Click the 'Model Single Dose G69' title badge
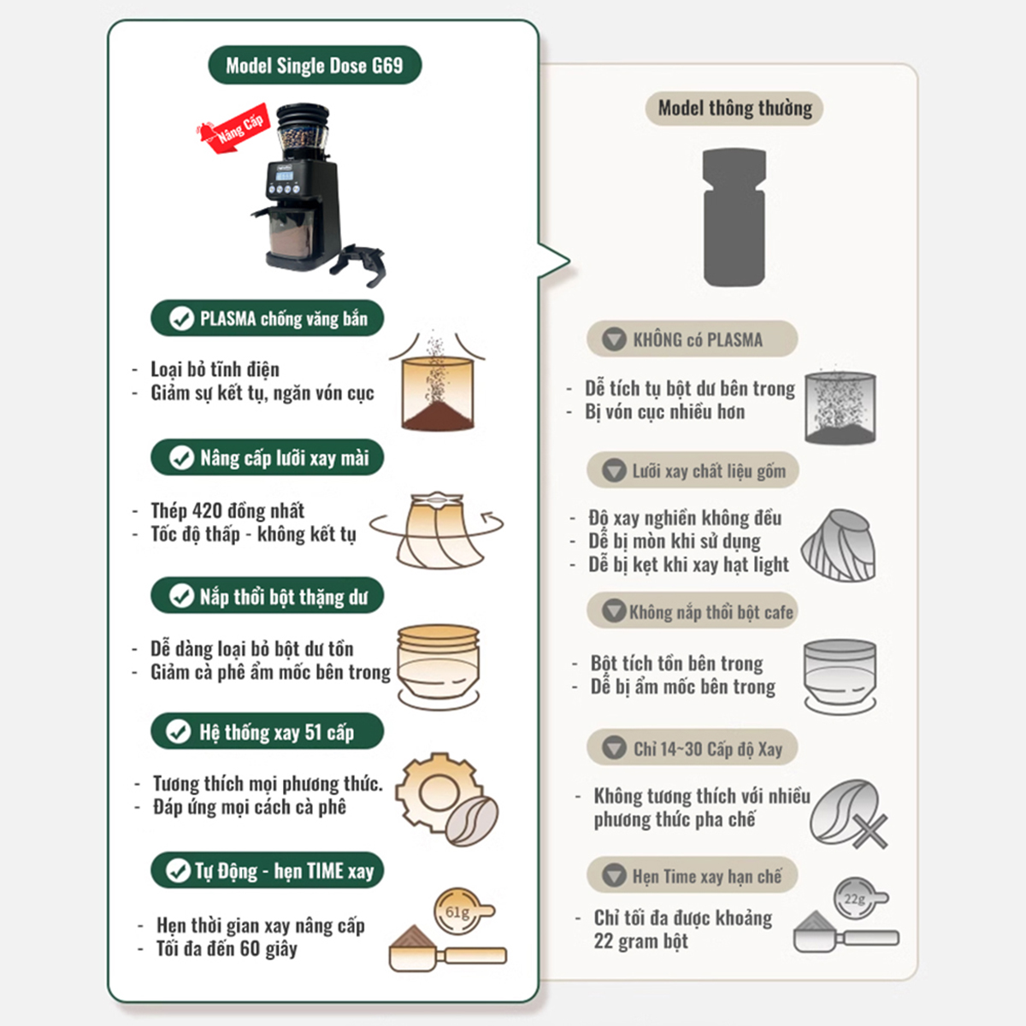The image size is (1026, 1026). (x=315, y=65)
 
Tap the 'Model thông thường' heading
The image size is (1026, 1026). (x=734, y=108)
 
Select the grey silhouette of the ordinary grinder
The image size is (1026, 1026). (x=734, y=217)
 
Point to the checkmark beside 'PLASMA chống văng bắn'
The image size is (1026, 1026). (x=181, y=318)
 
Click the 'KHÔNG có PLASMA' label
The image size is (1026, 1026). (x=693, y=339)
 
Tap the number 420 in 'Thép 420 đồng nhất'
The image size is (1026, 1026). (x=207, y=510)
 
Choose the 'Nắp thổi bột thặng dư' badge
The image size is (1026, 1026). (x=268, y=596)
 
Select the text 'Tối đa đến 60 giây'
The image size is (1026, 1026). (x=227, y=949)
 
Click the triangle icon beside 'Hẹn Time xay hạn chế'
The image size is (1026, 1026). (x=614, y=876)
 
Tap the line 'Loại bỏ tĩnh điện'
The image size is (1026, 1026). (x=215, y=369)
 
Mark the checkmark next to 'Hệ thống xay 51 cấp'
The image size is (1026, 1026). (x=179, y=732)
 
